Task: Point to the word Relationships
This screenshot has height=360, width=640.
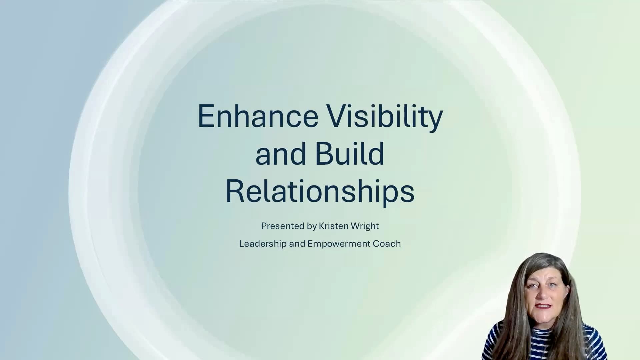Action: (x=320, y=192)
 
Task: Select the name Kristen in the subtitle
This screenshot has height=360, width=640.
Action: (x=334, y=226)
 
